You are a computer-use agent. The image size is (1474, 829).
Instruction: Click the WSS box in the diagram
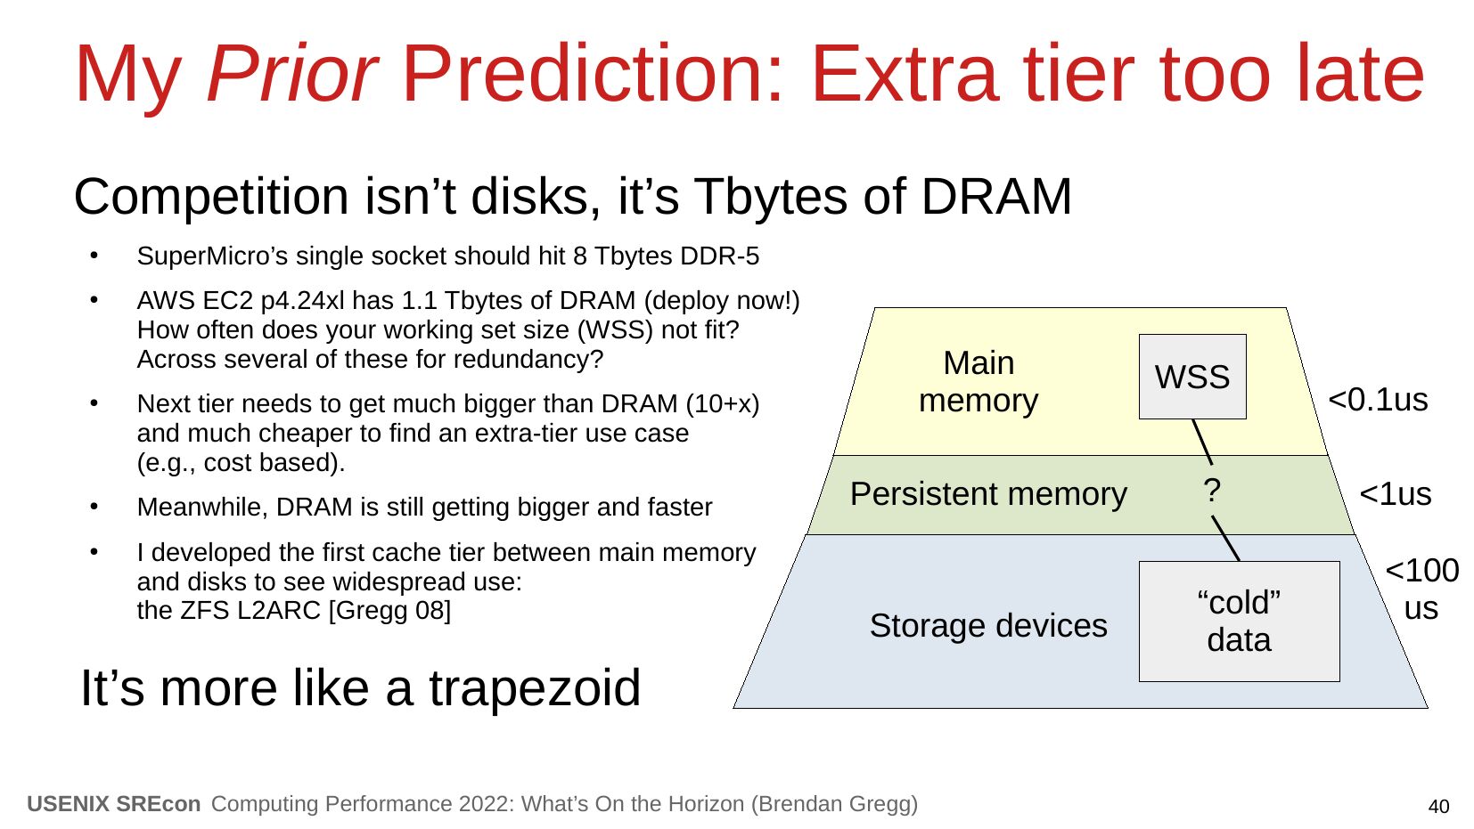(x=1192, y=377)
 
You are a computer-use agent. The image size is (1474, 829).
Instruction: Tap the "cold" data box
(x=1239, y=622)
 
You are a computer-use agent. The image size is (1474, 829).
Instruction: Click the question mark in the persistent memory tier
(x=1212, y=491)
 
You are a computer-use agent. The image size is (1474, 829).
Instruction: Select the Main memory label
(x=979, y=382)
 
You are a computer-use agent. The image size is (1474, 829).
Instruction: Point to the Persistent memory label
(x=988, y=493)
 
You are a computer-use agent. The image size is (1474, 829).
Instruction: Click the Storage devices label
(x=988, y=625)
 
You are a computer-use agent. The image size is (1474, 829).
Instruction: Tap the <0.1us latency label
(x=1378, y=400)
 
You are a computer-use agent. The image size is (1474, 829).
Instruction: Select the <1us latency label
(x=1395, y=494)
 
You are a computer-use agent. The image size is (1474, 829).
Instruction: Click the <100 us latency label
(x=1422, y=589)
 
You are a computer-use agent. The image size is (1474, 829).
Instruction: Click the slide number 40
(x=1438, y=807)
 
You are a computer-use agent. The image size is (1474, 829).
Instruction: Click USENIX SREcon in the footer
(x=114, y=804)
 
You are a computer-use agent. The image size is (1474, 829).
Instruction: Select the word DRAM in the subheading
(x=996, y=197)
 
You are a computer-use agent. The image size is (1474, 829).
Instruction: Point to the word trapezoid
(x=535, y=688)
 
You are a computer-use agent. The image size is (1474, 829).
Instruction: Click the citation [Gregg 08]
(x=389, y=611)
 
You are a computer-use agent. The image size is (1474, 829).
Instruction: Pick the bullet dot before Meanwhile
(x=94, y=507)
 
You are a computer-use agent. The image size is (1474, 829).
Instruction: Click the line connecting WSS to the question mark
(x=1202, y=442)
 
